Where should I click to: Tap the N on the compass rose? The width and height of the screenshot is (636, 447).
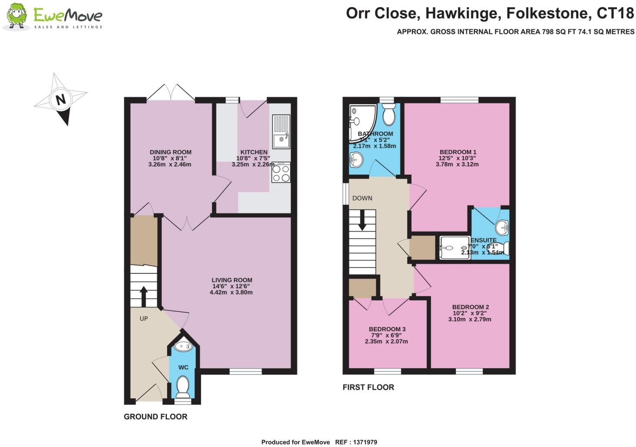[x=61, y=100]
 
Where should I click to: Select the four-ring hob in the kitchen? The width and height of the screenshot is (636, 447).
[x=281, y=172]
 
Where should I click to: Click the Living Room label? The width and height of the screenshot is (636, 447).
[x=232, y=280]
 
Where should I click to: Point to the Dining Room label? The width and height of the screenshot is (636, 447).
[x=170, y=152]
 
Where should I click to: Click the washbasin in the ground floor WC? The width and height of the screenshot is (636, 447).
[x=183, y=347]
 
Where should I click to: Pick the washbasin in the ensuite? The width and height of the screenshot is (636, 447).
[x=503, y=227]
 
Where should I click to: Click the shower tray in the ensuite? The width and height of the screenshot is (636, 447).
[x=454, y=248]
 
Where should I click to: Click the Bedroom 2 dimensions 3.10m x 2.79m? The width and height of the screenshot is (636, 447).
[x=470, y=319]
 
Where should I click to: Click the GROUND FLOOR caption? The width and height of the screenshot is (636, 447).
[x=155, y=417]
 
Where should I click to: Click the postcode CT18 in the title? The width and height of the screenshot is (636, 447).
[x=615, y=13]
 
